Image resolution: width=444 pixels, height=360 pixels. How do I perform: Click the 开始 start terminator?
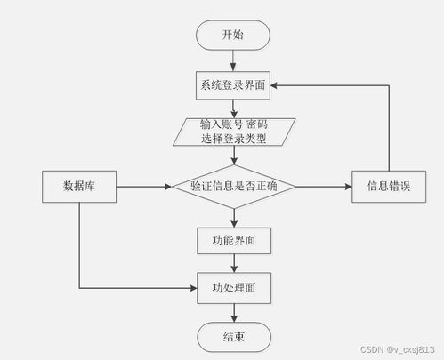point(232,36)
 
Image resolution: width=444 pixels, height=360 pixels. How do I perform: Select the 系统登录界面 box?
point(232,85)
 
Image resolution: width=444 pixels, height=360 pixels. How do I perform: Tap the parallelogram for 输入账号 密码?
point(232,132)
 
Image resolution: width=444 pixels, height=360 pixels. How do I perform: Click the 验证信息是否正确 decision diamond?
point(232,187)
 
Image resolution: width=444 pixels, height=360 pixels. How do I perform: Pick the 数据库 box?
point(80,187)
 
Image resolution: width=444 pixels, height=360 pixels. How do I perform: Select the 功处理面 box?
point(232,288)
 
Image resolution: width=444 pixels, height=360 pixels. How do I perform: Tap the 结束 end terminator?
point(232,338)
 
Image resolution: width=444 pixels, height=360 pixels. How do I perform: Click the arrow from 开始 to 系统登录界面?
point(232,60)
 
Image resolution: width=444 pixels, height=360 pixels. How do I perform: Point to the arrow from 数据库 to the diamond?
point(142,187)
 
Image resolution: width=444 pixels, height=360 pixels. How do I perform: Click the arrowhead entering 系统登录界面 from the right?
point(275,85)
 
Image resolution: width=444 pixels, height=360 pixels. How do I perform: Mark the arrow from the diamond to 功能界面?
point(232,217)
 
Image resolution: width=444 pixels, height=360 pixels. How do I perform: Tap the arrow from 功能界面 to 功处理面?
point(232,263)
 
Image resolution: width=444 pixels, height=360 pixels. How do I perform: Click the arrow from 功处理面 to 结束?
point(232,313)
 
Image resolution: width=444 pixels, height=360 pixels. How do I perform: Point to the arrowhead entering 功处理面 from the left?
point(191,288)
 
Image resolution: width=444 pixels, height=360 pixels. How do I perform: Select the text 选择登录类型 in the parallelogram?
point(232,139)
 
